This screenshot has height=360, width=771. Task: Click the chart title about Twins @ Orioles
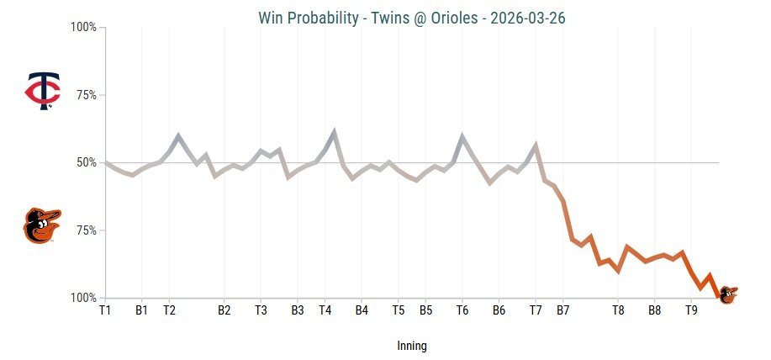[412, 18]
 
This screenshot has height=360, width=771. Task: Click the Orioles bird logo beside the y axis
[42, 225]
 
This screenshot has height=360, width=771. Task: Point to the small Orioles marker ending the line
[727, 294]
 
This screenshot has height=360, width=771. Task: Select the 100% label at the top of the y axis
[82, 28]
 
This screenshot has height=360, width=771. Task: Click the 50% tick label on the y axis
[85, 162]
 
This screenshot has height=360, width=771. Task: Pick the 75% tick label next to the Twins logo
[85, 95]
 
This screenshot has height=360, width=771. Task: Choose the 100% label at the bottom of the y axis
[82, 298]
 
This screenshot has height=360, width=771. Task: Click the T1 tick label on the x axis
[105, 310]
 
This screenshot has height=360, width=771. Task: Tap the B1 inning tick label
[141, 310]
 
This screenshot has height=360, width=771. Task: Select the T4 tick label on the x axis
[325, 310]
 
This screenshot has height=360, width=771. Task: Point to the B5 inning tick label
[426, 310]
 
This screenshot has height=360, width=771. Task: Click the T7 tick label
[536, 310]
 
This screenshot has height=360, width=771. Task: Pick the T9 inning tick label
[691, 310]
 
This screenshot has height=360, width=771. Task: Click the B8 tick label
[654, 310]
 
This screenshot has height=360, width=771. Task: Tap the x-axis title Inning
[412, 346]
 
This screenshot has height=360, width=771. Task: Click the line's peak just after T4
[335, 131]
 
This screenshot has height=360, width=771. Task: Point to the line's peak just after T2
[178, 135]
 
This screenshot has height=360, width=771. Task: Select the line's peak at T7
[536, 145]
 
